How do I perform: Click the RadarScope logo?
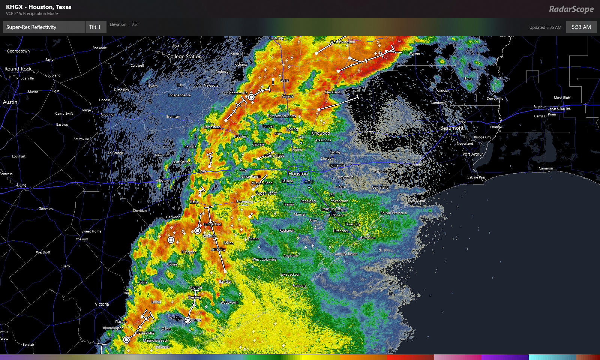tap(571, 9)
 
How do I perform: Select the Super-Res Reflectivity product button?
tap(44, 27)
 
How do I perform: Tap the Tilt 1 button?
tap(95, 27)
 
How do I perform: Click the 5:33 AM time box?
tap(581, 27)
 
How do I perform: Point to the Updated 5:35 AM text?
tap(545, 27)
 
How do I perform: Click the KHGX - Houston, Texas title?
tap(39, 7)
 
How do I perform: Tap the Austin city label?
tap(10, 102)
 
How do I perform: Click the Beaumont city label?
tap(452, 128)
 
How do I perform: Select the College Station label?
tap(184, 56)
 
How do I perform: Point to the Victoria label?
tap(102, 304)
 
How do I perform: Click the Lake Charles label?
tap(559, 108)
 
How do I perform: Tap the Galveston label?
tap(367, 237)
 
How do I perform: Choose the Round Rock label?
tap(18, 69)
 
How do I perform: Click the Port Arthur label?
tap(472, 154)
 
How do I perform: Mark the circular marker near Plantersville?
tap(251, 97)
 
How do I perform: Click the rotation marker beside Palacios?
tap(188, 320)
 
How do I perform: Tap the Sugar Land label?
tap(265, 193)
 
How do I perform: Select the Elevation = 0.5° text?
tap(124, 24)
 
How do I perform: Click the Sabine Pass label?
tap(476, 177)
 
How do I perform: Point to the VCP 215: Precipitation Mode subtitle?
tap(32, 13)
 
